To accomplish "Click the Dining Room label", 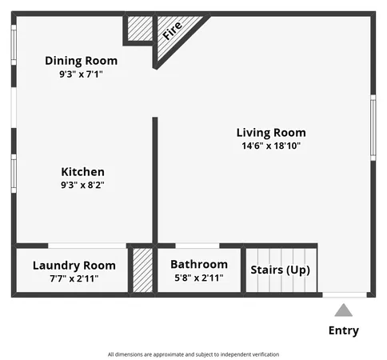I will [x=81, y=61].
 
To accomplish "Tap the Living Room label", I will [x=270, y=133].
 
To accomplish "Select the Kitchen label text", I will [x=83, y=172].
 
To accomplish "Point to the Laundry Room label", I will [x=74, y=266].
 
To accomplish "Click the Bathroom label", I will [x=198, y=265].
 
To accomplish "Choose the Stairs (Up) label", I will [x=281, y=270].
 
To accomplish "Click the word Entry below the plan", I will [x=344, y=330].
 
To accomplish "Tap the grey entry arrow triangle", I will [x=343, y=310].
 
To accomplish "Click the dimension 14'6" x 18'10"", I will [x=270, y=146].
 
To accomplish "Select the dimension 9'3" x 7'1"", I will [x=81, y=74].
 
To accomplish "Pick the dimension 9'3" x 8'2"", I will [x=83, y=185].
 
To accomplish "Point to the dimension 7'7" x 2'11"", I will [x=74, y=278].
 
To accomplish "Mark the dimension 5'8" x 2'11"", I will [x=198, y=278].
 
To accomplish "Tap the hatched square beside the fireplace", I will [x=139, y=30].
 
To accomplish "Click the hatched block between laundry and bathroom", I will [x=142, y=271].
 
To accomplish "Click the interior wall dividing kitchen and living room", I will [x=155, y=180].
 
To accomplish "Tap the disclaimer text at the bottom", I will [x=193, y=354].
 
